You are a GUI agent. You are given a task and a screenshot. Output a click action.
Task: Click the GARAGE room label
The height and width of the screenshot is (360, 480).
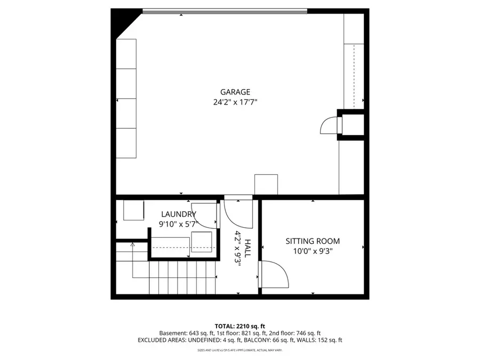coord(235,92)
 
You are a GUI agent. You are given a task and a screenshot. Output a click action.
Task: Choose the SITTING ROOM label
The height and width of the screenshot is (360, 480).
coord(313,241)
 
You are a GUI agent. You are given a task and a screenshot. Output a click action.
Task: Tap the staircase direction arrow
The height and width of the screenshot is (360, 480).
coord(132,246)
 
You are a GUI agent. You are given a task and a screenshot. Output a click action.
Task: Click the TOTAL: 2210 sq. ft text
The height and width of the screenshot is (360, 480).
coord(239,326)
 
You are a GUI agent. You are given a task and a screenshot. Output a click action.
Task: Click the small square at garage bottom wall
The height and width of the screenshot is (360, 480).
coord(266,184)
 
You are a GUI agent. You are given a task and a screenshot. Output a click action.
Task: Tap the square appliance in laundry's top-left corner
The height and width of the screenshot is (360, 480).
coord(133,210)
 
